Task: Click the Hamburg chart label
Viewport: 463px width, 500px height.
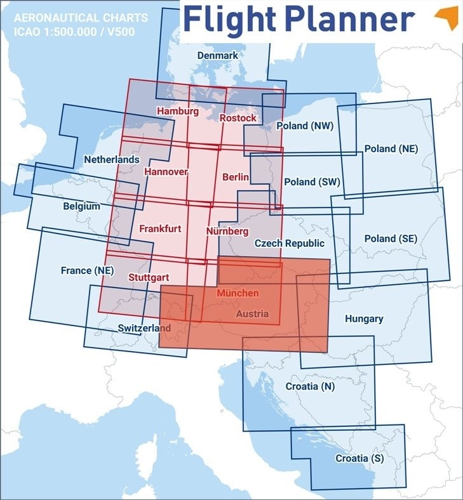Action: [177, 111]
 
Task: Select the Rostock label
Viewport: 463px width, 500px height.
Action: [238, 118]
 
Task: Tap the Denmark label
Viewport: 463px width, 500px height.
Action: [217, 56]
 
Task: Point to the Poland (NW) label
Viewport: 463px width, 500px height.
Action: [305, 126]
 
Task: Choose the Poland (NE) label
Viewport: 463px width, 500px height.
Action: [391, 148]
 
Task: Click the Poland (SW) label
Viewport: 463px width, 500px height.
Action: [312, 182]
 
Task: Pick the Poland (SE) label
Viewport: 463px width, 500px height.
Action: [391, 239]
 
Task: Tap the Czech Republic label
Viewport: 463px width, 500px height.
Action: [289, 243]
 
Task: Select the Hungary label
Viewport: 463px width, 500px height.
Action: [363, 319]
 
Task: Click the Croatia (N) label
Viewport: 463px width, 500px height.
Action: [310, 386]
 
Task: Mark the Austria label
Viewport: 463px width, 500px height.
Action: [252, 313]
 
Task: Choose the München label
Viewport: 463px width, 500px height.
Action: [238, 293]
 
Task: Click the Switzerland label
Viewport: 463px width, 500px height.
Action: [144, 328]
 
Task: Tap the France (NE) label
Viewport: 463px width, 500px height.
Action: [87, 270]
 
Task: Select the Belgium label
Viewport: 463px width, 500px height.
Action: [81, 206]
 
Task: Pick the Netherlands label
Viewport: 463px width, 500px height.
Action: [112, 159]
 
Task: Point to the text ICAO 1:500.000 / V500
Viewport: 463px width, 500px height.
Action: [74, 30]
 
